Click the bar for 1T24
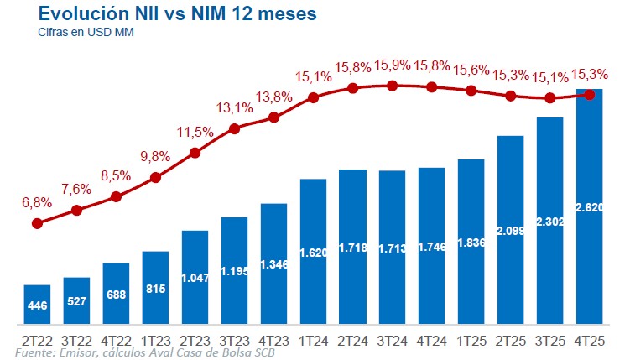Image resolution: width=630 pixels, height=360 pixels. [313, 252]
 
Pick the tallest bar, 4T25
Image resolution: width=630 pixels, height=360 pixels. [590, 206]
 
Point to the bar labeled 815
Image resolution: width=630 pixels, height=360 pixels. [155, 288]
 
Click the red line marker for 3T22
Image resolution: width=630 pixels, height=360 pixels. [76, 210]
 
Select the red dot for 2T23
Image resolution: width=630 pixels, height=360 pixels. [195, 153]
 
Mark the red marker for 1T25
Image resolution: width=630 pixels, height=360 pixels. [471, 91]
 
